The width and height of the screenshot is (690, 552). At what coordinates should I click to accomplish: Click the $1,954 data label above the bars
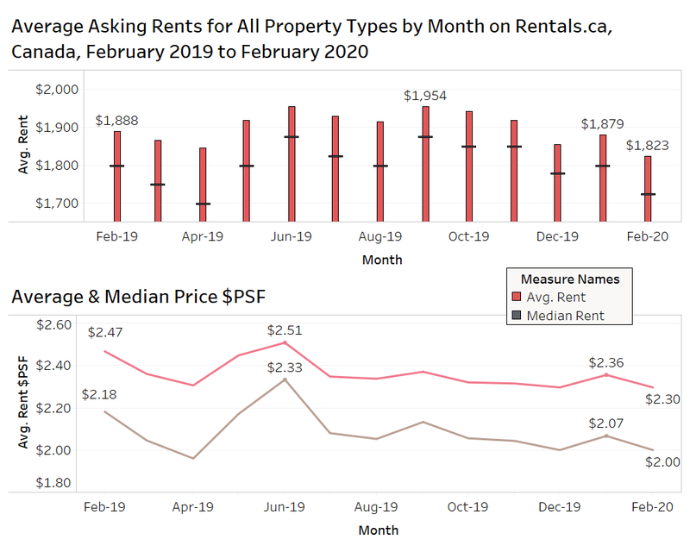pos(425,95)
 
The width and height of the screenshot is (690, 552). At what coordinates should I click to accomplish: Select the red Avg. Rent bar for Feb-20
pos(647,187)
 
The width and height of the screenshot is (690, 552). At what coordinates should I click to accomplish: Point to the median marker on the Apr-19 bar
pos(204,204)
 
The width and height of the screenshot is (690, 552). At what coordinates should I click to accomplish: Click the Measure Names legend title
pos(570,279)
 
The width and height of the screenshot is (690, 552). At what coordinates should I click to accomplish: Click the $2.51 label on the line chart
pos(285,330)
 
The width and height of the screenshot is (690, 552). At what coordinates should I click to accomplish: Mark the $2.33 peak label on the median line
pos(285,367)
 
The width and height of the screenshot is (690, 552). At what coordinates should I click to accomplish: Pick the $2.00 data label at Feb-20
pos(662,462)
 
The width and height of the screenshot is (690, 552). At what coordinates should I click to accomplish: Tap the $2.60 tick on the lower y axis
pos(56,323)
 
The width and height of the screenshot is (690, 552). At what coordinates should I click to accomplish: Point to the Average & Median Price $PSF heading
pos(139,298)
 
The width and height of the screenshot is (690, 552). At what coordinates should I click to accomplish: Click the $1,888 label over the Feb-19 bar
pos(116,122)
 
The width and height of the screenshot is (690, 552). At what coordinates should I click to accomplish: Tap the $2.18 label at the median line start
pos(99,394)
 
